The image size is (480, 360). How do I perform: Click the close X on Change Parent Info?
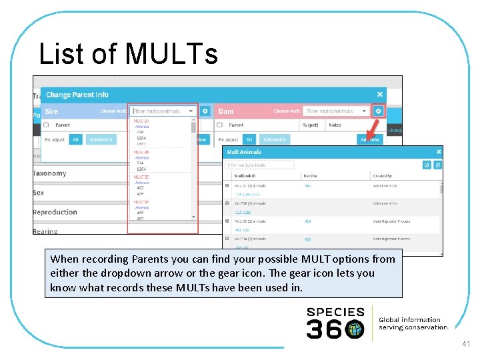(380, 95)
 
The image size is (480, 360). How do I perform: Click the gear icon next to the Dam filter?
(379, 111)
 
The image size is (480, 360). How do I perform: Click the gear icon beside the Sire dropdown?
(205, 111)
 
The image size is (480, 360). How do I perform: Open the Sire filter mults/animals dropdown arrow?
(191, 111)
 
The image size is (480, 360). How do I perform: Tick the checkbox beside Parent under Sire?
(46, 125)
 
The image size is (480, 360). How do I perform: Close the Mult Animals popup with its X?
(437, 152)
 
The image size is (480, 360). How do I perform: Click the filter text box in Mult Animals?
(259, 165)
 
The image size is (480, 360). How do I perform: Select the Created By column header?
(381, 176)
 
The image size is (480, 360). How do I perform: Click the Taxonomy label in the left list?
(50, 173)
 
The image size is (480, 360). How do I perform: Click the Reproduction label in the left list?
(55, 212)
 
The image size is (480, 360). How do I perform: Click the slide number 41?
(465, 344)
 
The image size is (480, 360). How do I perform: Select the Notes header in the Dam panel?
(335, 125)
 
